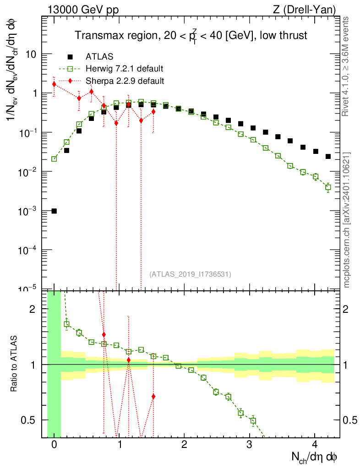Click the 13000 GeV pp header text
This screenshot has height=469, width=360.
83,10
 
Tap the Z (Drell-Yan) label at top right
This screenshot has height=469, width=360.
304,10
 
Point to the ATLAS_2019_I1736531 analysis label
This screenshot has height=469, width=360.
190,274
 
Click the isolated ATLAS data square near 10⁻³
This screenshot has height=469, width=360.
54,211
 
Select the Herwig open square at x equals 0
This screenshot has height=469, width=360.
54,159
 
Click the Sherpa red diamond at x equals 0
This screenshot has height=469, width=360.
54,84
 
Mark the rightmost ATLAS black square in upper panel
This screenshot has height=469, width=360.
328,157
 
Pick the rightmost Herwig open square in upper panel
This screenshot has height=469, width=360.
328,187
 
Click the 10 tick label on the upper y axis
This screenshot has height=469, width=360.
30,54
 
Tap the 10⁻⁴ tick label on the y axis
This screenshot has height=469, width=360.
27,250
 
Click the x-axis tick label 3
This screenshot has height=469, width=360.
249,444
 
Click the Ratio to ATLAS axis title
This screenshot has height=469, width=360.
14,363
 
